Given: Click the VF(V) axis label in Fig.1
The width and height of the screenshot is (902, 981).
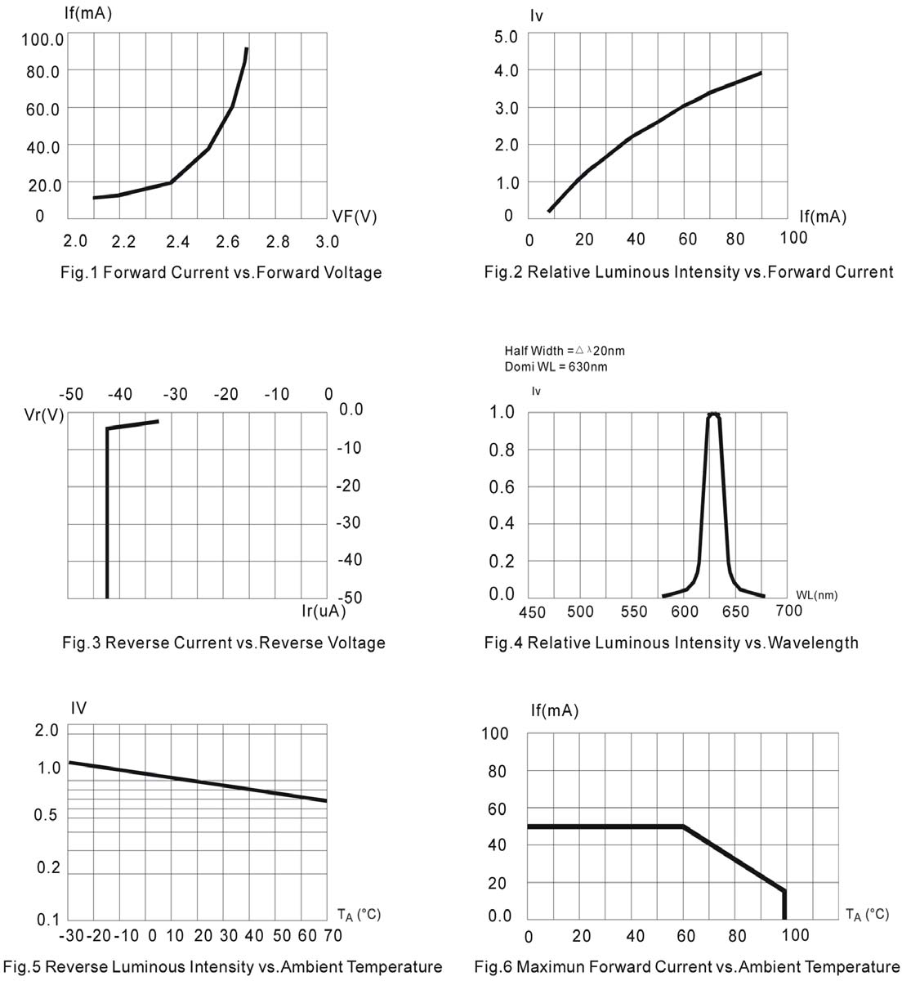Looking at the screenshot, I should (355, 217).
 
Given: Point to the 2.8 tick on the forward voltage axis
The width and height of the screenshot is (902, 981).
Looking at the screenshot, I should (278, 241).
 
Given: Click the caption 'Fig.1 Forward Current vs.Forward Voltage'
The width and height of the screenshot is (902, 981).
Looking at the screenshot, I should (221, 272).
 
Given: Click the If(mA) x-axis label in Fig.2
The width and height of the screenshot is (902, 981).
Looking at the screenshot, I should (822, 217).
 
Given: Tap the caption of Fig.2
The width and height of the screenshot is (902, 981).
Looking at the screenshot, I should (689, 272).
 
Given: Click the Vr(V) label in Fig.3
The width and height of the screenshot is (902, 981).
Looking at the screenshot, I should (44, 414).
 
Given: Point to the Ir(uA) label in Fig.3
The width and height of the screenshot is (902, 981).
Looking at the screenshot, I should (324, 611).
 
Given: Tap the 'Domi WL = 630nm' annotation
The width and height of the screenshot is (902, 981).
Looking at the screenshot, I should (556, 367).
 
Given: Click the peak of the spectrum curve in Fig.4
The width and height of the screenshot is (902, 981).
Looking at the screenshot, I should (713, 414).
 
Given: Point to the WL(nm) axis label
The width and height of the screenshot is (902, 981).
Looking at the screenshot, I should (816, 595).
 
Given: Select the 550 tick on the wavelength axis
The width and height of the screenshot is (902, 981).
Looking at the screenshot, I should (633, 611).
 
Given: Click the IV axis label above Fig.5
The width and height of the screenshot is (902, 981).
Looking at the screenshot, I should (78, 708).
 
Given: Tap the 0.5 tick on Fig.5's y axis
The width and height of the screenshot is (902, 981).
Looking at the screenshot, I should (48, 815).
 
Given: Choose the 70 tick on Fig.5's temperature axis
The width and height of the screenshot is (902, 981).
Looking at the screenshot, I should (332, 935).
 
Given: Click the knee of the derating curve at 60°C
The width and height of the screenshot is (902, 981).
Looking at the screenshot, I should (683, 826).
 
